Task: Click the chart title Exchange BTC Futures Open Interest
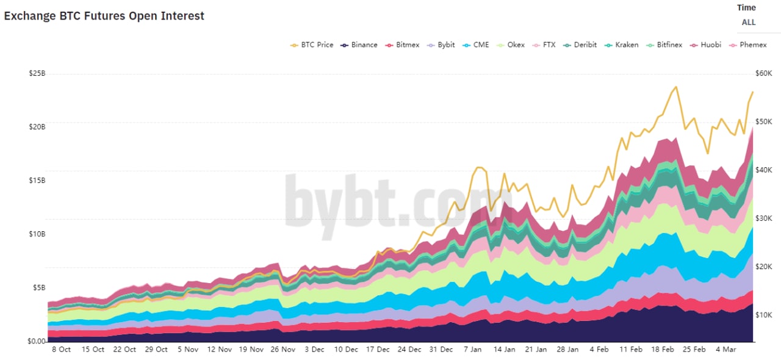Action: [104, 16]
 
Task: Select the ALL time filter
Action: [749, 23]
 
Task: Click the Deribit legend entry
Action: [585, 45]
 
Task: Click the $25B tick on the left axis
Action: [37, 74]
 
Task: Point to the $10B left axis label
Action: [37, 234]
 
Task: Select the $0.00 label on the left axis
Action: [37, 341]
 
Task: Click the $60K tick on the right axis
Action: [764, 74]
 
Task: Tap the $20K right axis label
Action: [764, 267]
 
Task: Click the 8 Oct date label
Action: [61, 350]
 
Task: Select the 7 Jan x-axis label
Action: [472, 350]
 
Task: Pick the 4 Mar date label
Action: [726, 350]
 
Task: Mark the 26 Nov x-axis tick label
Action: [283, 350]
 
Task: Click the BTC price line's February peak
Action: [675, 87]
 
